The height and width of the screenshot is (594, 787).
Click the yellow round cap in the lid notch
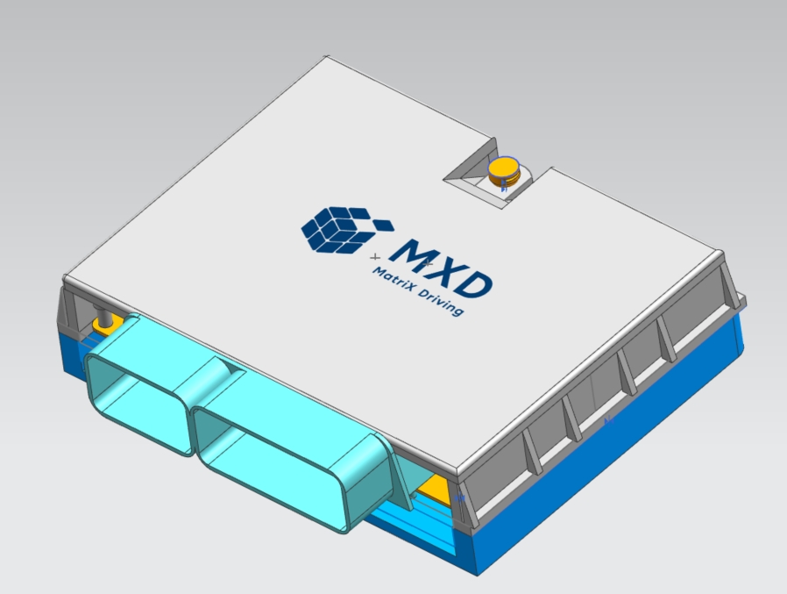[x=504, y=168]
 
